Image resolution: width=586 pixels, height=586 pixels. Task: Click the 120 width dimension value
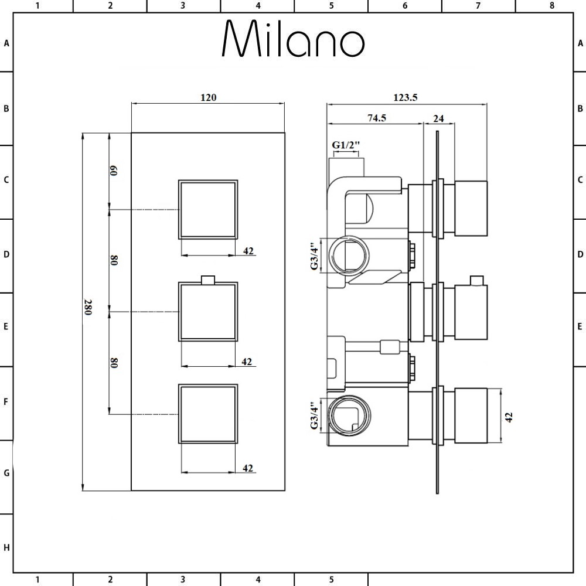coord(208,97)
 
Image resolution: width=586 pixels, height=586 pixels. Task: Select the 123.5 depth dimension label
coord(405,98)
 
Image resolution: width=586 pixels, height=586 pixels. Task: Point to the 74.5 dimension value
coord(376,118)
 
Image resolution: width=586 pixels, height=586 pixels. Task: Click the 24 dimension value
coord(438,118)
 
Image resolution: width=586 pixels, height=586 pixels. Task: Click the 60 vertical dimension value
coord(115,171)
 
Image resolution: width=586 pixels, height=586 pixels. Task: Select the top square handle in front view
coord(208,209)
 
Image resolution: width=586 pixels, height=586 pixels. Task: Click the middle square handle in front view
coord(208,312)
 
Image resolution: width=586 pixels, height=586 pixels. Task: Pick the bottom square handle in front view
coord(208,414)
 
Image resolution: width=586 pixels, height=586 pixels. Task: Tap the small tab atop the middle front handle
coord(208,279)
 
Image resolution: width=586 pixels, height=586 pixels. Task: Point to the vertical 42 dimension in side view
coord(509,417)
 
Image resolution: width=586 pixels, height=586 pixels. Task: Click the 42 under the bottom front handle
coord(247,468)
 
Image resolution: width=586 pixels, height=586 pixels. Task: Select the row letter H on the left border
coord(6,548)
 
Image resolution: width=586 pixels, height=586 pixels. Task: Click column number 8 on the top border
coord(551,6)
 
